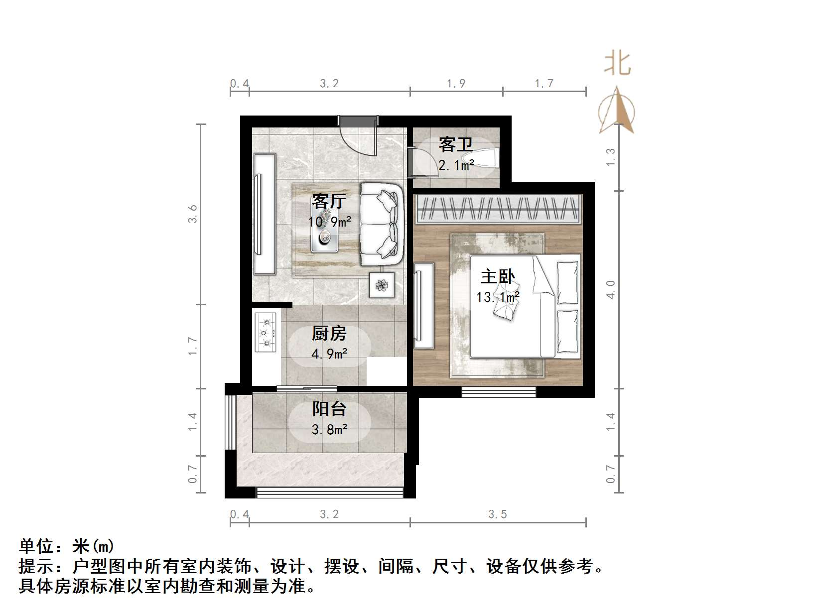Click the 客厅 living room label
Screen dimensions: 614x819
click(329, 202)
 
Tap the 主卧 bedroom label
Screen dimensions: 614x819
click(497, 276)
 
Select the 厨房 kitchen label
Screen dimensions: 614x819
click(329, 333)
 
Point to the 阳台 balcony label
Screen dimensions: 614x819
click(329, 409)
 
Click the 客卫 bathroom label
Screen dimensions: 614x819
click(455, 145)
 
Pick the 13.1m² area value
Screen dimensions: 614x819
click(498, 297)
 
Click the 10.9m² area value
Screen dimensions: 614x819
click(329, 222)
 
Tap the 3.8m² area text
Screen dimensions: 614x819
click(329, 429)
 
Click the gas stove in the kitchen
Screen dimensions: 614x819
click(266, 332)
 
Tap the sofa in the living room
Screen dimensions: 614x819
click(382, 224)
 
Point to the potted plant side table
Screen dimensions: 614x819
click(382, 285)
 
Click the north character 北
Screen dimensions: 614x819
click(617, 63)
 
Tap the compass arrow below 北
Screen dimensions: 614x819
click(617, 111)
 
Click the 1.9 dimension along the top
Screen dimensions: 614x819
click(456, 84)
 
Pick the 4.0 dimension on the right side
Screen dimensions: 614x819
click(611, 289)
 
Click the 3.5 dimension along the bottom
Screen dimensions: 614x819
click(497, 514)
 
